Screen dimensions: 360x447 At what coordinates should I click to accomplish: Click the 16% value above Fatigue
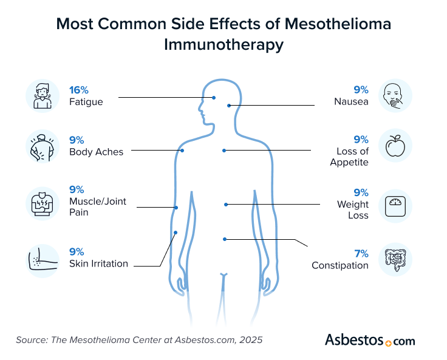pyautogui.click(x=78, y=90)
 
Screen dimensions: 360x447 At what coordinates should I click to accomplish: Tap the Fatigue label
pyautogui.click(x=86, y=102)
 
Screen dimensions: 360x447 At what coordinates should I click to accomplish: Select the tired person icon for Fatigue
pyautogui.click(x=42, y=96)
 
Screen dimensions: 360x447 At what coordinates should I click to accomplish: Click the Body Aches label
pyautogui.click(x=96, y=152)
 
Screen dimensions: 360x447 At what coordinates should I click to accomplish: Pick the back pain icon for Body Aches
pyautogui.click(x=42, y=146)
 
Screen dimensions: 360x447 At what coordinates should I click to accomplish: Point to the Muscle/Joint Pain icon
pyautogui.click(x=42, y=203)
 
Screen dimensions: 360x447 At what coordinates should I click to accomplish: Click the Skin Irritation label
pyautogui.click(x=98, y=263)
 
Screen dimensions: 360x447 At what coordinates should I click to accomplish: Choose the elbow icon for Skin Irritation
pyautogui.click(x=42, y=259)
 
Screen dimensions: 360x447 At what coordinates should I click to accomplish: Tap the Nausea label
pyautogui.click(x=351, y=102)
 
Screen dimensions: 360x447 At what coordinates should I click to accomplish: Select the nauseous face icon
pyautogui.click(x=395, y=96)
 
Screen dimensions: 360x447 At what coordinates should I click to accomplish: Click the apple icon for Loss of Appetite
pyautogui.click(x=395, y=146)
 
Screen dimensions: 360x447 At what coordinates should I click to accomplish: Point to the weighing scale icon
pyautogui.click(x=395, y=205)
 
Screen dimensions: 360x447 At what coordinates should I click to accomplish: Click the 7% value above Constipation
pyautogui.click(x=361, y=253)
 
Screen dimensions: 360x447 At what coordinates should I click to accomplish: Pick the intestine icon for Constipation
pyautogui.click(x=395, y=260)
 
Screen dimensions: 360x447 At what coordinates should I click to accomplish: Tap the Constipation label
pyautogui.click(x=340, y=265)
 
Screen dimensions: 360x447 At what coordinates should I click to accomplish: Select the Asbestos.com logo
pyautogui.click(x=370, y=339)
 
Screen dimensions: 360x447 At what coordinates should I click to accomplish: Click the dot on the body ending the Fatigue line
pyautogui.click(x=214, y=97)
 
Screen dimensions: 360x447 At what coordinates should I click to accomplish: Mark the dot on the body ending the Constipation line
pyautogui.click(x=225, y=239)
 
